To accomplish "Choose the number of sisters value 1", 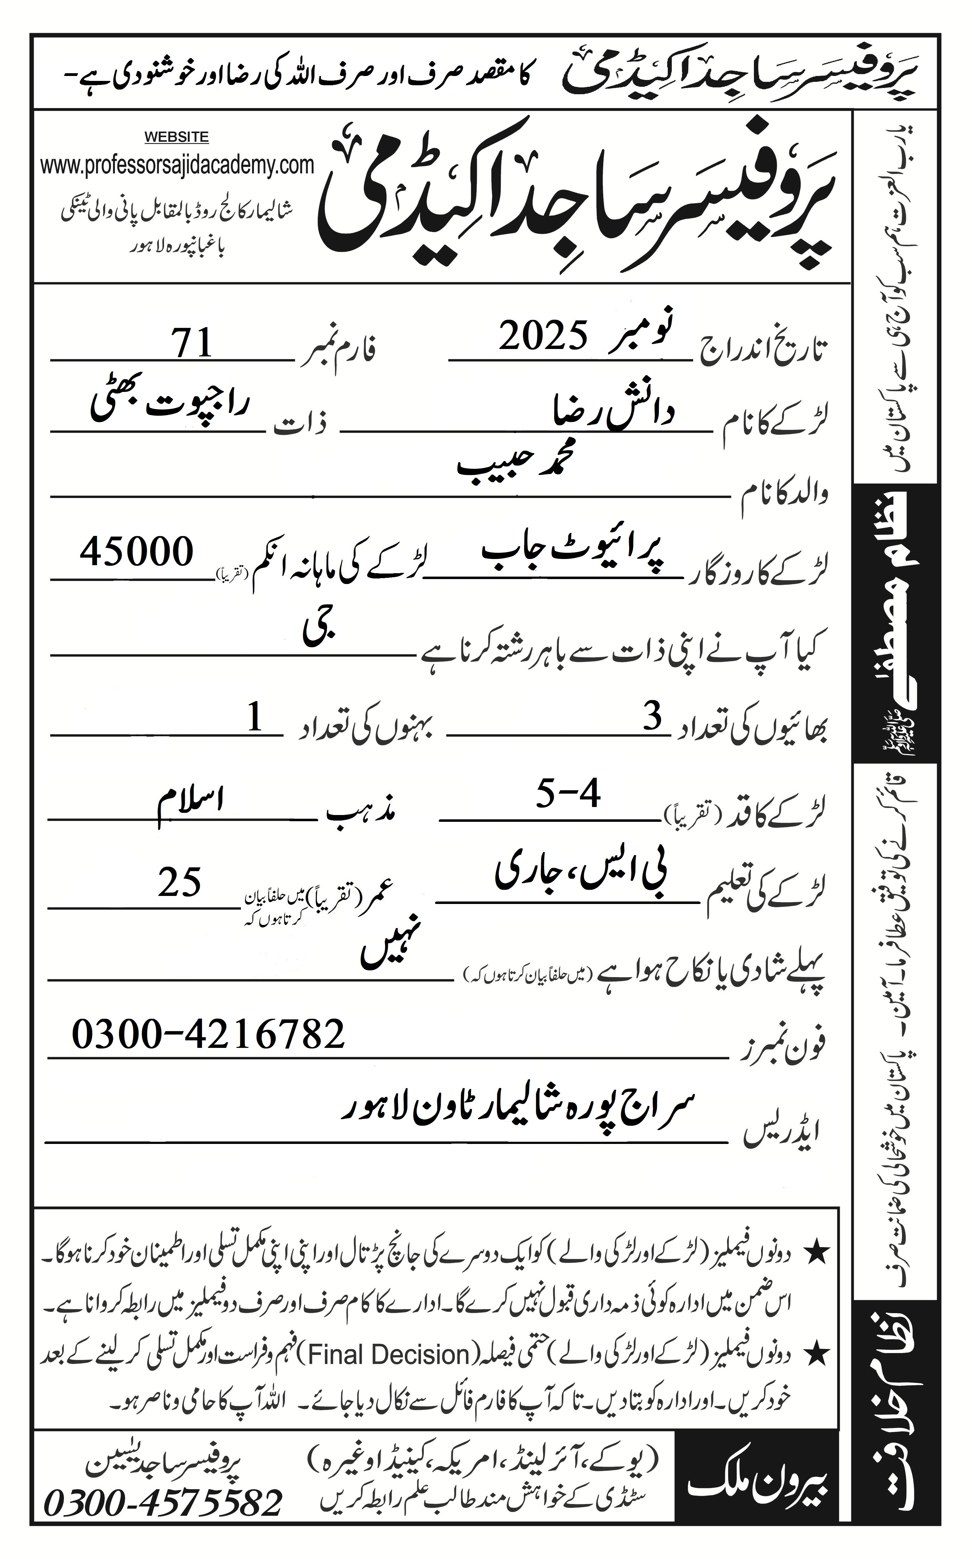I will (x=255, y=717).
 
